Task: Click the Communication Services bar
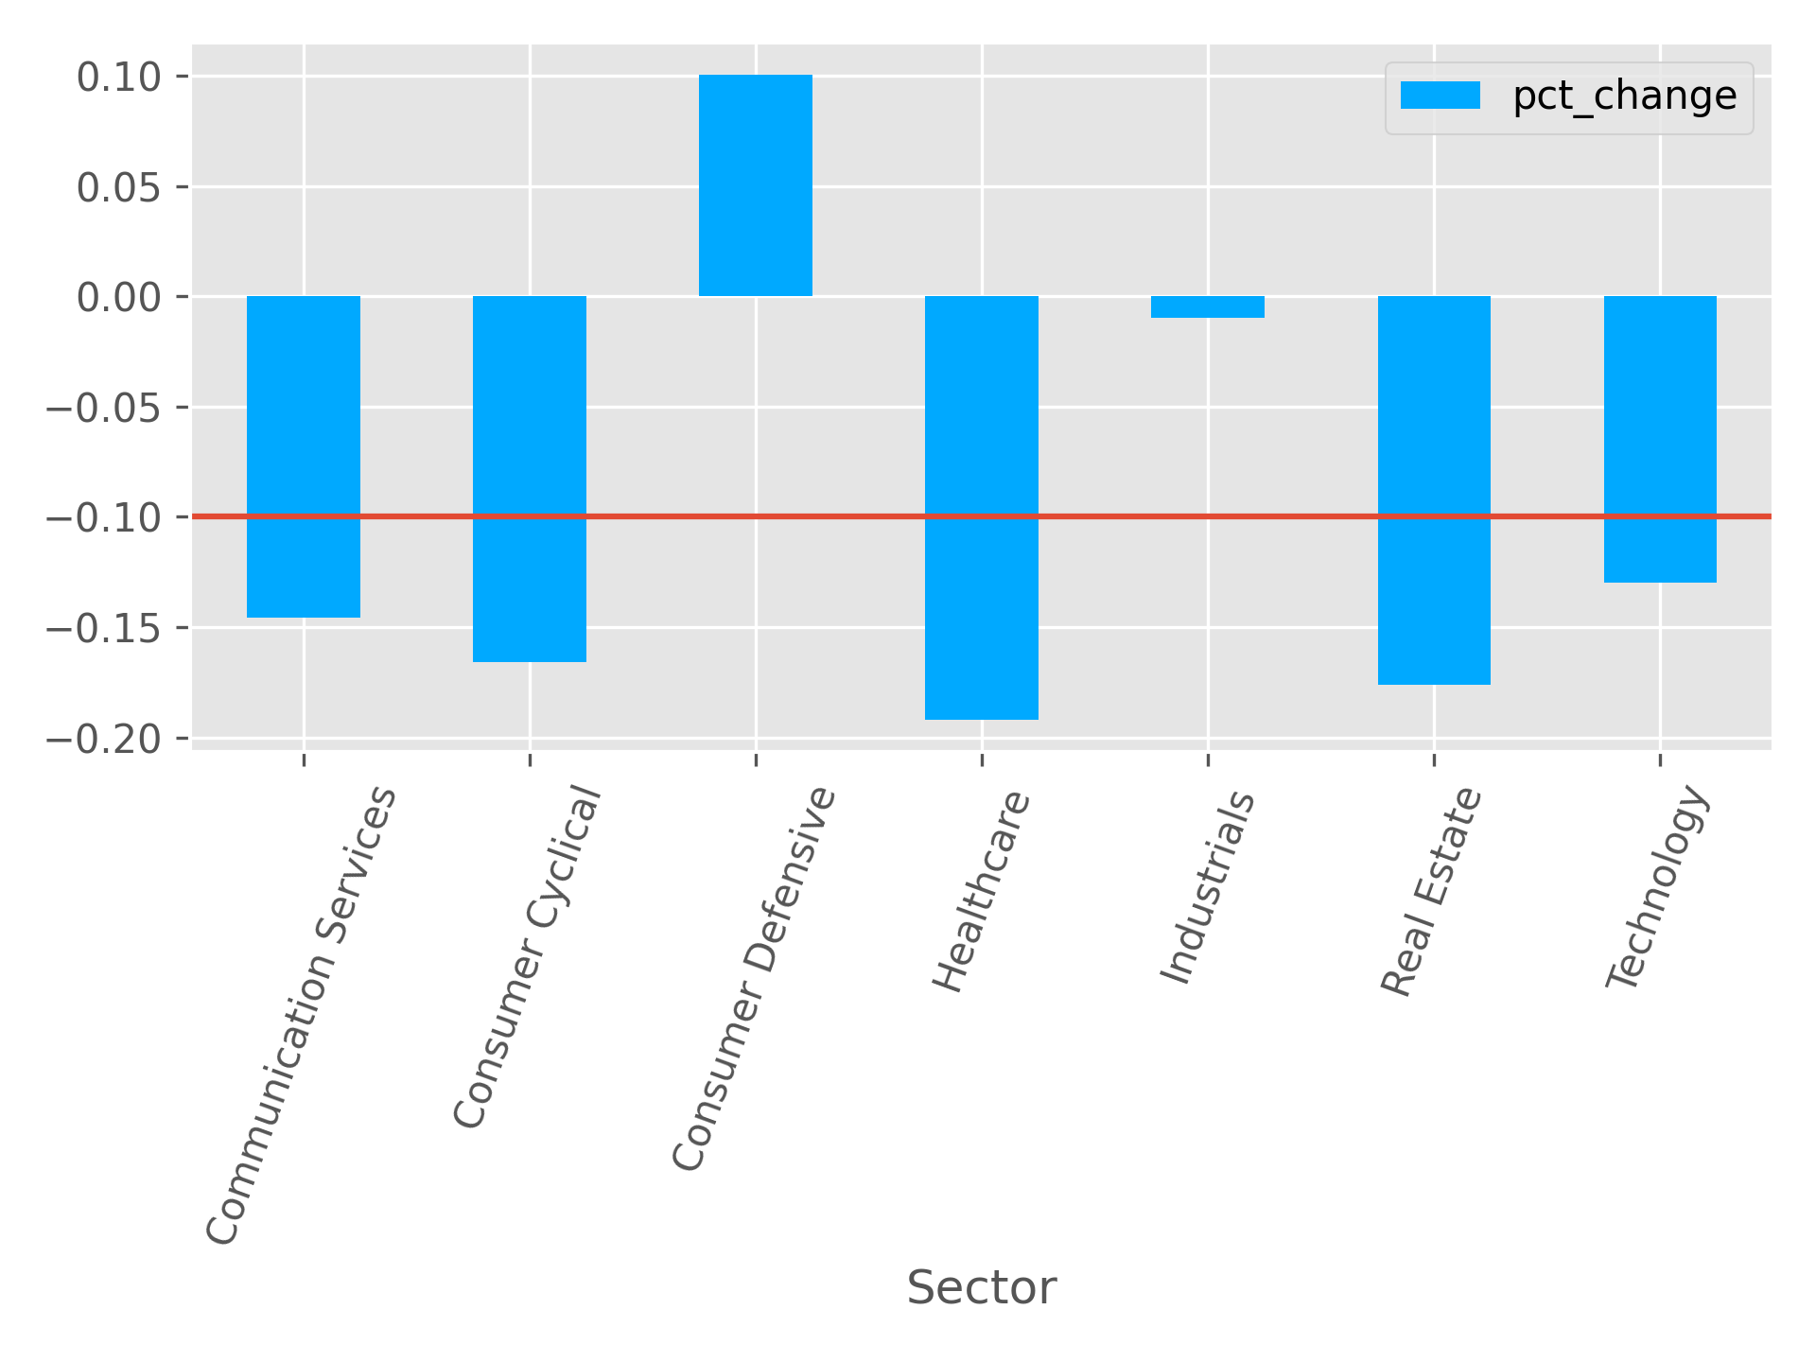pyautogui.click(x=303, y=456)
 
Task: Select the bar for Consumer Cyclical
pyautogui.click(x=529, y=479)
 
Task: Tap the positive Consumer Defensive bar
pyautogui.click(x=755, y=185)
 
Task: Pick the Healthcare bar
pyautogui.click(x=981, y=507)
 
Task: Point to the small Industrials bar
pyautogui.click(x=1207, y=306)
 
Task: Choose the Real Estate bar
pyautogui.click(x=1433, y=490)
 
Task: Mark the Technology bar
pyautogui.click(x=1659, y=439)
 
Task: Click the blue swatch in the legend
pyautogui.click(x=1440, y=96)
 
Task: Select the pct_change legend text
pyautogui.click(x=1624, y=96)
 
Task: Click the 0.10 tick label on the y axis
pyautogui.click(x=120, y=77)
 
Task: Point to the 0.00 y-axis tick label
pyautogui.click(x=120, y=297)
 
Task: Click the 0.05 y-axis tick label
pyautogui.click(x=120, y=187)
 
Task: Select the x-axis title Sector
pyautogui.click(x=981, y=1288)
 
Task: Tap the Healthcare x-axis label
pyautogui.click(x=981, y=891)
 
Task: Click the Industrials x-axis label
pyautogui.click(x=1207, y=887)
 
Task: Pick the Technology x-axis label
pyautogui.click(x=1659, y=889)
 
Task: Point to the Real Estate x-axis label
pyautogui.click(x=1430, y=892)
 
